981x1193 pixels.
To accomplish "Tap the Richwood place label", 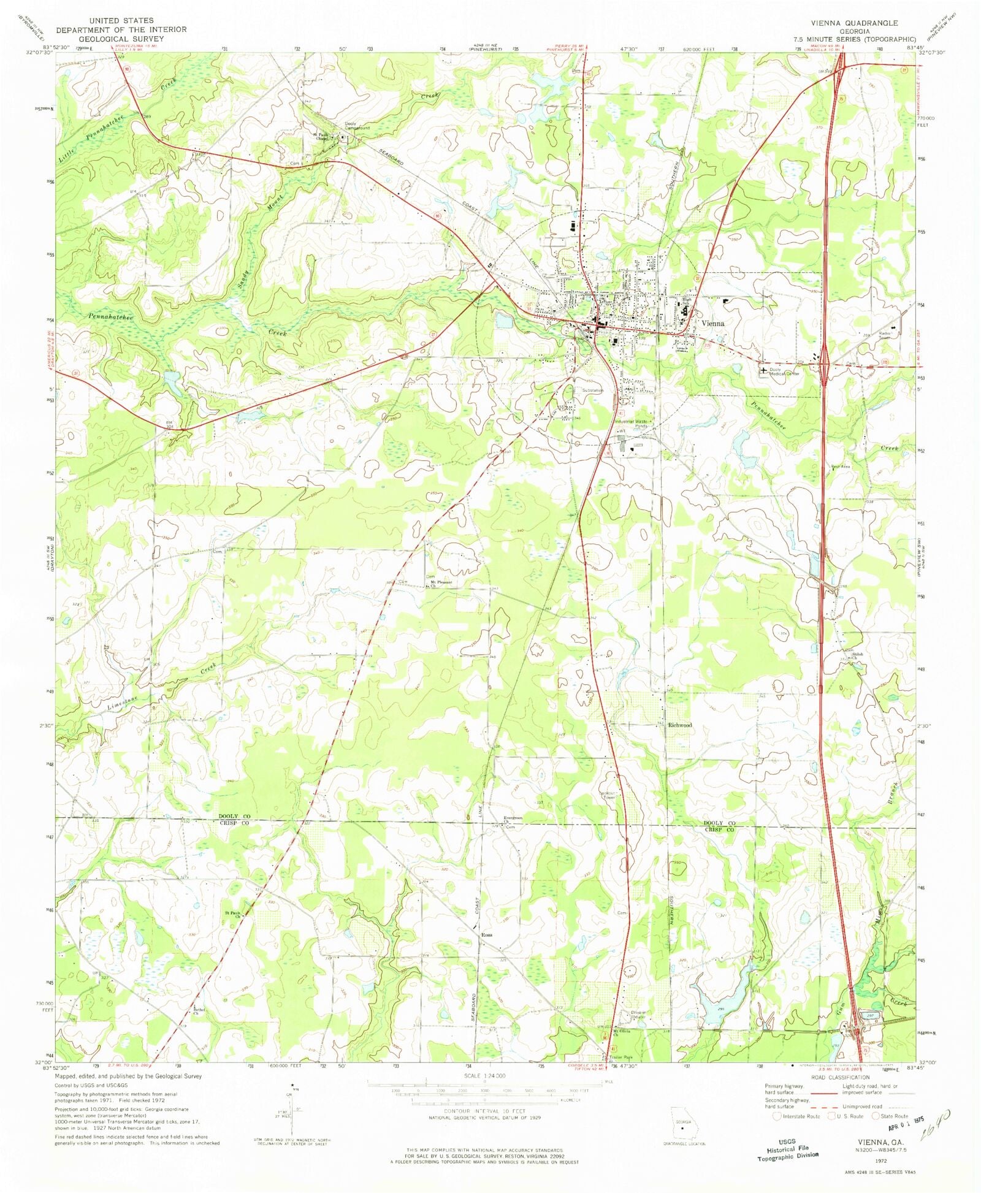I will [x=680, y=725].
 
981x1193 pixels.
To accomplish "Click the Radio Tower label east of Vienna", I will [x=884, y=335].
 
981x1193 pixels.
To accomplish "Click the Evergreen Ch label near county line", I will [x=513, y=820].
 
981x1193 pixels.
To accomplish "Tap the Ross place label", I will [x=487, y=935].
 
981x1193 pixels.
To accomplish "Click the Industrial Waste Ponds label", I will [x=632, y=424].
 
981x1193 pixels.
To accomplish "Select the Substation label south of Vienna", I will [x=593, y=391].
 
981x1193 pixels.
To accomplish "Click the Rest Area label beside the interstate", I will [x=840, y=467].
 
